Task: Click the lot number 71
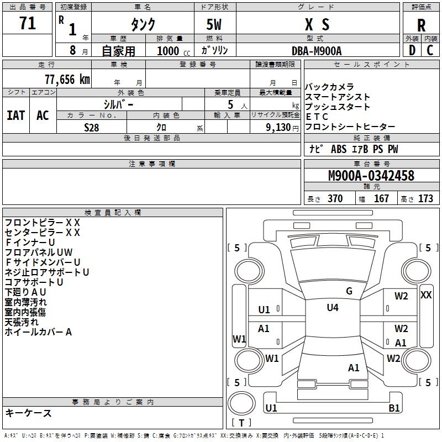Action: coord(28,24)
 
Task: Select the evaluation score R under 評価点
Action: coord(421,25)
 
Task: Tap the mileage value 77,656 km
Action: coord(66,80)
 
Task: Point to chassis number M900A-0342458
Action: coord(371,176)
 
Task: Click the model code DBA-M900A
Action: coord(317,51)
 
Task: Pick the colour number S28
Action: coord(92,127)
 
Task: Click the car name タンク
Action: coord(143,25)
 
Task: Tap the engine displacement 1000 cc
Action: coord(172,51)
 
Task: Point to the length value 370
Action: coord(334,199)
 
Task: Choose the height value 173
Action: coord(425,199)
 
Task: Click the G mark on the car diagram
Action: coord(349,291)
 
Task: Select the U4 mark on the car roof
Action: coord(332,308)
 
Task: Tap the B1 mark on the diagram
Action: coord(394,408)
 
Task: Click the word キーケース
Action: coord(29,413)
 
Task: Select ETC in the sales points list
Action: coord(317,117)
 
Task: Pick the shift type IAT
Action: coord(15,115)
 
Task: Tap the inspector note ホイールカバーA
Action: coord(39,332)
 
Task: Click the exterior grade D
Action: coord(412,50)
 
